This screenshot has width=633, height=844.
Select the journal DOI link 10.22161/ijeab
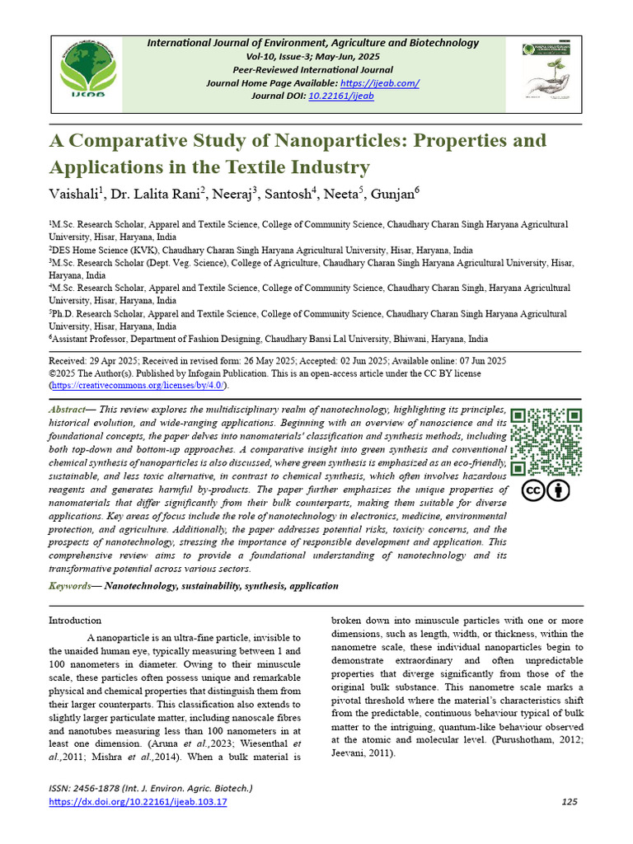tap(340, 96)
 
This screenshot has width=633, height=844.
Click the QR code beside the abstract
tap(546, 441)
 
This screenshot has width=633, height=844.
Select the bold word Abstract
tap(68, 410)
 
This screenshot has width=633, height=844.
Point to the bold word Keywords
tap(70, 586)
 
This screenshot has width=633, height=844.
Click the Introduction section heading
tap(75, 620)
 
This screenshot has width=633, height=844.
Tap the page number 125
tap(568, 801)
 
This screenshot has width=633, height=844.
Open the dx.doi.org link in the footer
tap(138, 801)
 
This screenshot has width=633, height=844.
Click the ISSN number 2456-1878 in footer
tap(105, 789)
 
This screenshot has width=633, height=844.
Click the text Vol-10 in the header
tap(261, 57)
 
